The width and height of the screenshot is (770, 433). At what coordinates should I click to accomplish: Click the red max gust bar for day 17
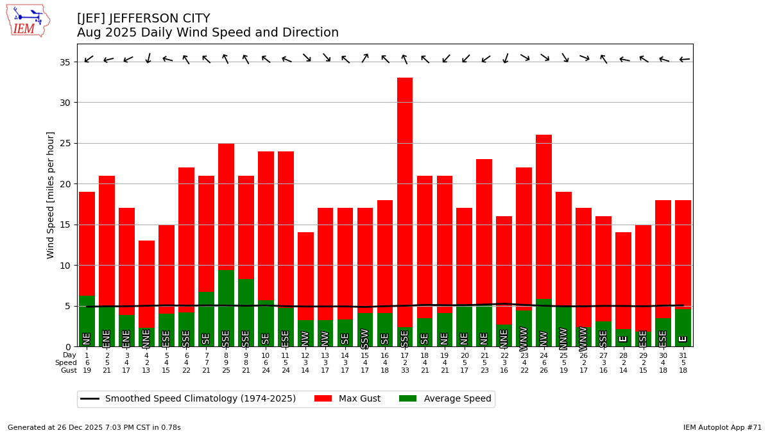pos(405,192)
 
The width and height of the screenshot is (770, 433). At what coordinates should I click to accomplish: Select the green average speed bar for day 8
pos(226,308)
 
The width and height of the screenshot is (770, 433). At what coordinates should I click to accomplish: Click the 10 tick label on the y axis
pos(66,265)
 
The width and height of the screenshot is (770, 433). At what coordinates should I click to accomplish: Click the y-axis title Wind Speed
pos(51,195)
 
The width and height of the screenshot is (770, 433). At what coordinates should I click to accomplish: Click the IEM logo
pos(28,21)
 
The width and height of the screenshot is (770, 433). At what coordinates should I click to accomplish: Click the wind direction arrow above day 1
pos(89,60)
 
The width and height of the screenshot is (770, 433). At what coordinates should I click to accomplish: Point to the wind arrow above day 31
pos(685,60)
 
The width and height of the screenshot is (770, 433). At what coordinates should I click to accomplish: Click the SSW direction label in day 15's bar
pos(365,338)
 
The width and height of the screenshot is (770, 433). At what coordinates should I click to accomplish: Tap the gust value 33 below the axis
pos(405,371)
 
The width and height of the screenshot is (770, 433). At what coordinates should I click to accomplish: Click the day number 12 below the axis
pos(305,355)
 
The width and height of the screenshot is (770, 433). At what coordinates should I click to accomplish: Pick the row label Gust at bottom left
pos(69,371)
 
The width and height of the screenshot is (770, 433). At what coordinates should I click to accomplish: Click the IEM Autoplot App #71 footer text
pos(722,427)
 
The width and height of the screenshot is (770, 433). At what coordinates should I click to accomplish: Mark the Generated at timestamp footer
pos(94,427)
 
